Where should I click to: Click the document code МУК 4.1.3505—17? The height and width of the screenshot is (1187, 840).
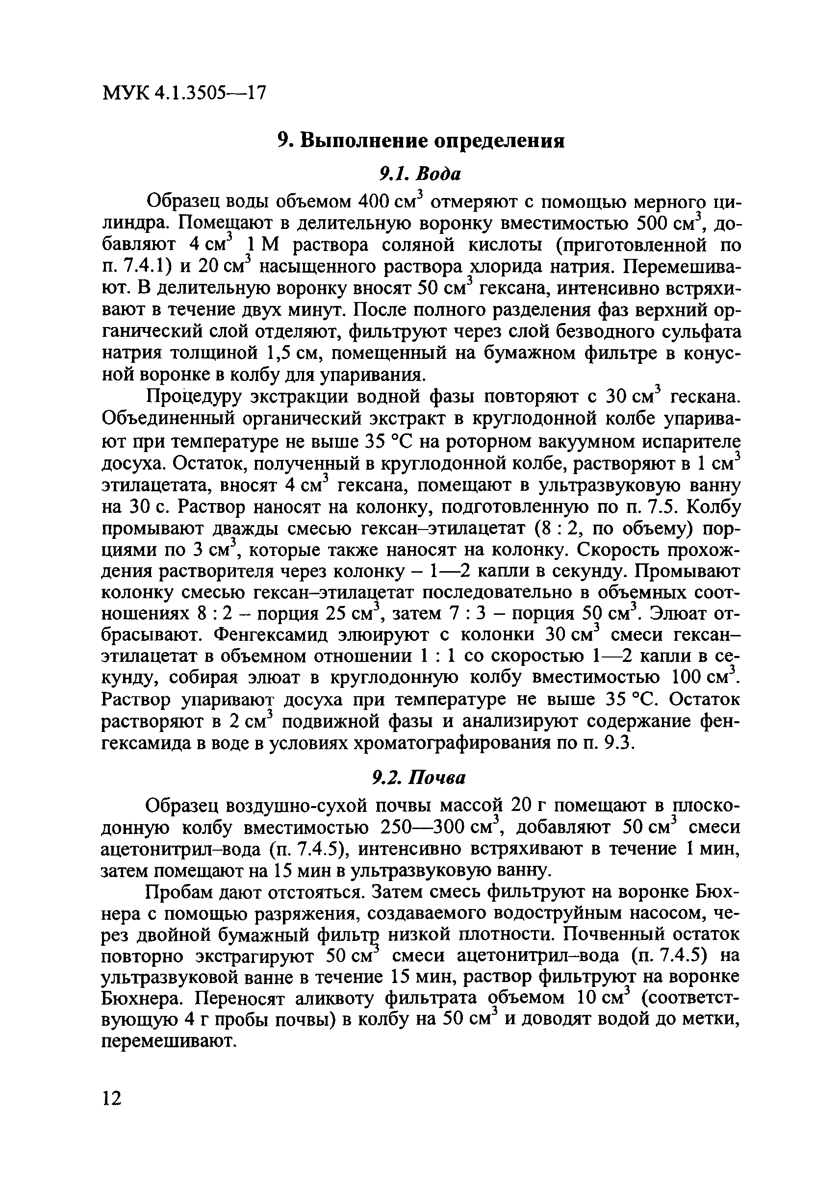(184, 93)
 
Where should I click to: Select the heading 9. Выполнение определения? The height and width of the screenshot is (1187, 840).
(420, 140)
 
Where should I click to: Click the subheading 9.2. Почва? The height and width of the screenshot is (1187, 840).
(419, 778)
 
